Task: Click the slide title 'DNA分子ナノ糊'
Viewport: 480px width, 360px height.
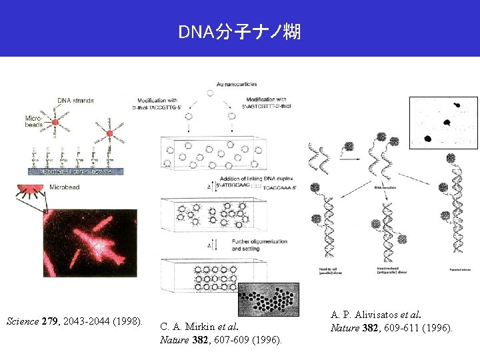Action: (x=239, y=31)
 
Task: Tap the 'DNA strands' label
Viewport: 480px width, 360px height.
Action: (x=75, y=101)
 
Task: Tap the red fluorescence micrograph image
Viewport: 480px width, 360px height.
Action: (x=90, y=243)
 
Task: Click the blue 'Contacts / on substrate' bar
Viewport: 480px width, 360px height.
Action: (x=75, y=171)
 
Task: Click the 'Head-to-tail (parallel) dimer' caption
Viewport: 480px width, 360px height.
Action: (x=325, y=270)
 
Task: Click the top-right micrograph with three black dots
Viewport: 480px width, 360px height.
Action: (x=444, y=123)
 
